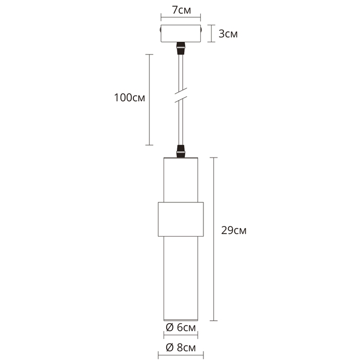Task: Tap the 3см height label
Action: coord(228,34)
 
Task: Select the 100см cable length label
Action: coord(129,98)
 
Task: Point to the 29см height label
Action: coord(234,231)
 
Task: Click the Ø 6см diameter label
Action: coord(180,328)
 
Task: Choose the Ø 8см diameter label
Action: coord(180,347)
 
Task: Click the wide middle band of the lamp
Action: coord(180,220)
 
